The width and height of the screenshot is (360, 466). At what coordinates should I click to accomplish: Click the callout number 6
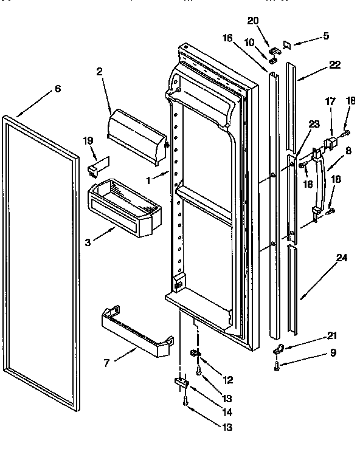57,88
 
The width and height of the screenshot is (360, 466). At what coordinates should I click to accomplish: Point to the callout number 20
253,21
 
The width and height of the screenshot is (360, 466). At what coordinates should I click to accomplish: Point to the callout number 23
313,125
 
